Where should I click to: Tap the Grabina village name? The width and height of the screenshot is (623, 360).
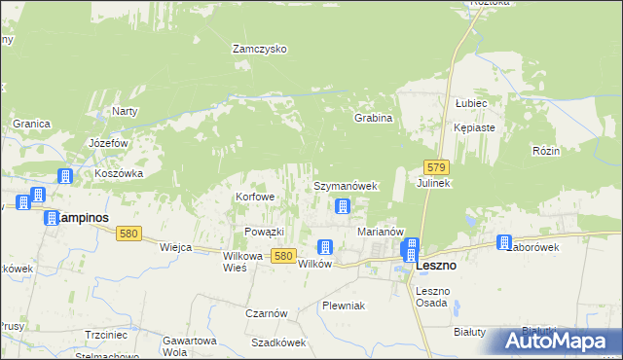(x=373, y=118)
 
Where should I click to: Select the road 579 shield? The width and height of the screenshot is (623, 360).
(x=436, y=167)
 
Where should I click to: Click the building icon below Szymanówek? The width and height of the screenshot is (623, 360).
(x=343, y=206)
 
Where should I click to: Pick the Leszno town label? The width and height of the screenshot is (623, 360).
(x=437, y=265)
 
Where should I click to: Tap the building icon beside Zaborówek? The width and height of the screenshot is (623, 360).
(x=504, y=243)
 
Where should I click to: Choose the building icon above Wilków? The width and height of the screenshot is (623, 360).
(x=325, y=247)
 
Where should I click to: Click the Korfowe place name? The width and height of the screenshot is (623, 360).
(x=255, y=197)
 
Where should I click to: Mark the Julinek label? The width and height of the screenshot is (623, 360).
(x=433, y=183)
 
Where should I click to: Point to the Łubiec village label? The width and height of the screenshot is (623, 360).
(x=470, y=102)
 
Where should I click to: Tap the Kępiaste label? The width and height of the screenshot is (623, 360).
(x=475, y=127)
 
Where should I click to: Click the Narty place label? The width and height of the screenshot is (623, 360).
(x=125, y=111)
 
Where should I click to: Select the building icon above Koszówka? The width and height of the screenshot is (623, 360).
(x=64, y=176)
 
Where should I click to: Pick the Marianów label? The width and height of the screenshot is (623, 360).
(x=381, y=232)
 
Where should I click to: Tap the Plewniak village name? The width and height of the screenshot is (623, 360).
(x=343, y=306)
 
